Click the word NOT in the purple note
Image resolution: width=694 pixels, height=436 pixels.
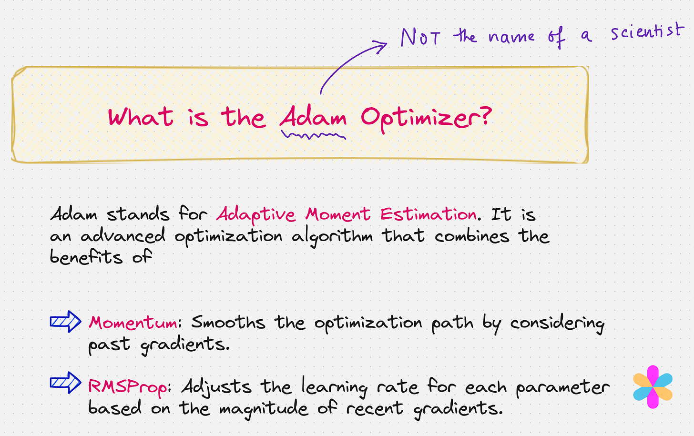point(420,37)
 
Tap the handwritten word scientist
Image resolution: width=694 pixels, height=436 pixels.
point(647,32)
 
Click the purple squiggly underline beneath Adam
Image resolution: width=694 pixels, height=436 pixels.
point(313,136)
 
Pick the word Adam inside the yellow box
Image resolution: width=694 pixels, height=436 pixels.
point(313,117)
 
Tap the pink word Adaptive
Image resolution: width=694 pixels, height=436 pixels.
point(256,214)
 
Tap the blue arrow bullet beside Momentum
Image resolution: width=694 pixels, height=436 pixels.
point(66,322)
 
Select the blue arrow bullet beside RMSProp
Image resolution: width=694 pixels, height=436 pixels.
point(66,383)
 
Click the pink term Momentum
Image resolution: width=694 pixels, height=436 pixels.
point(134,323)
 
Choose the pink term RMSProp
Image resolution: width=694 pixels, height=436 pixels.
point(128,386)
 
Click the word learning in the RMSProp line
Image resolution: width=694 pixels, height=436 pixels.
point(334,387)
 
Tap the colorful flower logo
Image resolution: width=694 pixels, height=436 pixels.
point(653,387)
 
